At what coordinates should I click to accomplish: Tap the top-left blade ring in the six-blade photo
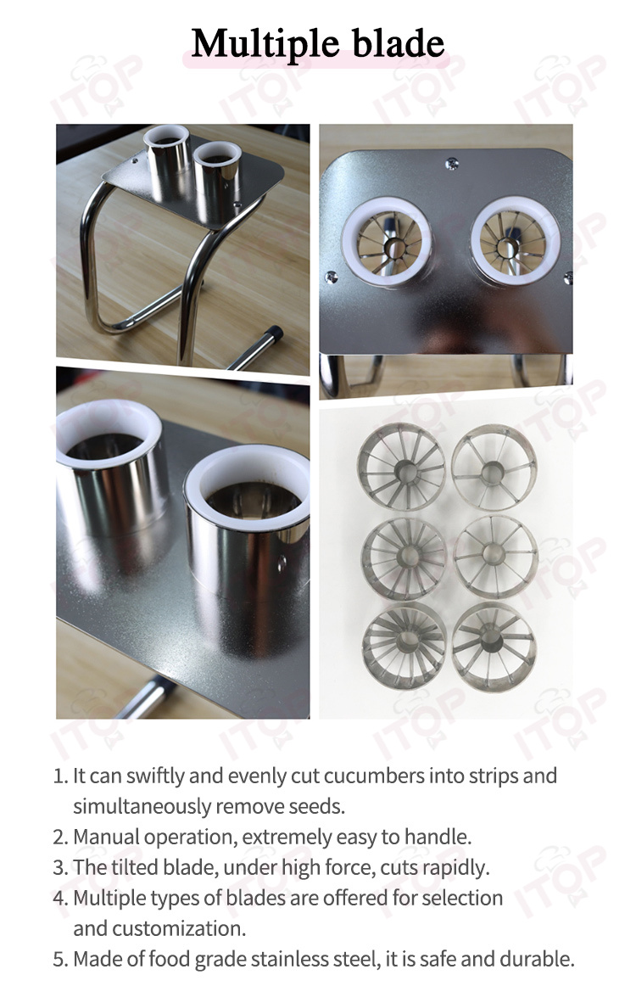(x=402, y=466)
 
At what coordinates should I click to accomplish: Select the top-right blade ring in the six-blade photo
(x=494, y=466)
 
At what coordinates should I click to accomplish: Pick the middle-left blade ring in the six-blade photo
(x=404, y=556)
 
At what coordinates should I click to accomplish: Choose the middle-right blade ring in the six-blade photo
(x=495, y=556)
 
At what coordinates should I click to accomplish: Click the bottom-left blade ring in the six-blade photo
(x=404, y=644)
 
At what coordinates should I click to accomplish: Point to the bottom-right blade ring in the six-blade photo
(x=494, y=645)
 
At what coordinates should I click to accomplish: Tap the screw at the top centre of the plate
(x=451, y=165)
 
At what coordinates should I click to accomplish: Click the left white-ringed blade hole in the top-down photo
(x=387, y=242)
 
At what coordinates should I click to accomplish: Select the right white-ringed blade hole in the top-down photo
(x=516, y=241)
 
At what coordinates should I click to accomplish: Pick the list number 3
(x=60, y=868)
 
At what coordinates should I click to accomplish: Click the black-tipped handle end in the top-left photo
(x=274, y=333)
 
